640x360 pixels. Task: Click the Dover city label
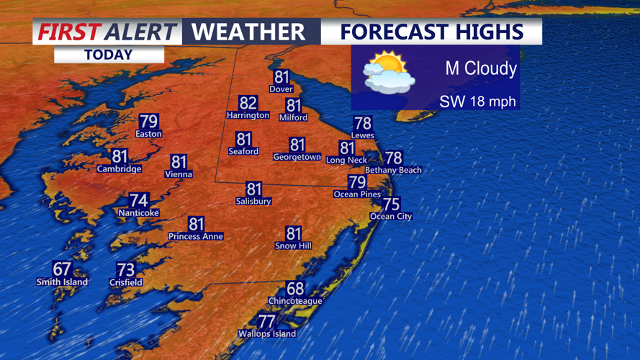point(281,89)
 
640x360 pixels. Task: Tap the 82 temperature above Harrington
point(248,103)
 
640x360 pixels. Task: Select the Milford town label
point(293,117)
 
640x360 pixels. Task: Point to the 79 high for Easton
point(148,122)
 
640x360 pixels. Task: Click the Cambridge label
point(119,169)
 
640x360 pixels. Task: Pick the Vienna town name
point(178,174)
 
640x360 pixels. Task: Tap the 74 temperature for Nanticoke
point(139,201)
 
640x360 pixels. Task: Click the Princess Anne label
point(196,236)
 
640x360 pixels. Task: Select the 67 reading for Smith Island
point(62,270)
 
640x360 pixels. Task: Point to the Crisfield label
point(125,283)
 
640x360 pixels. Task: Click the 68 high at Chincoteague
point(295,289)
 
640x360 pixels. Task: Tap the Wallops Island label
point(267,333)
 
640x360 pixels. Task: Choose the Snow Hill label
point(293,246)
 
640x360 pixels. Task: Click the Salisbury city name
point(253,202)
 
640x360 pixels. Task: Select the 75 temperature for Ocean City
point(391,204)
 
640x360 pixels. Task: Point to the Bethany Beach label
point(393,170)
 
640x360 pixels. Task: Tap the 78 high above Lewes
point(362,123)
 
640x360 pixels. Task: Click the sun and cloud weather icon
point(389,73)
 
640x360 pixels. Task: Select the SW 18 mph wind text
point(478,102)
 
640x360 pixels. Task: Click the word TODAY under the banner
point(109,55)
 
